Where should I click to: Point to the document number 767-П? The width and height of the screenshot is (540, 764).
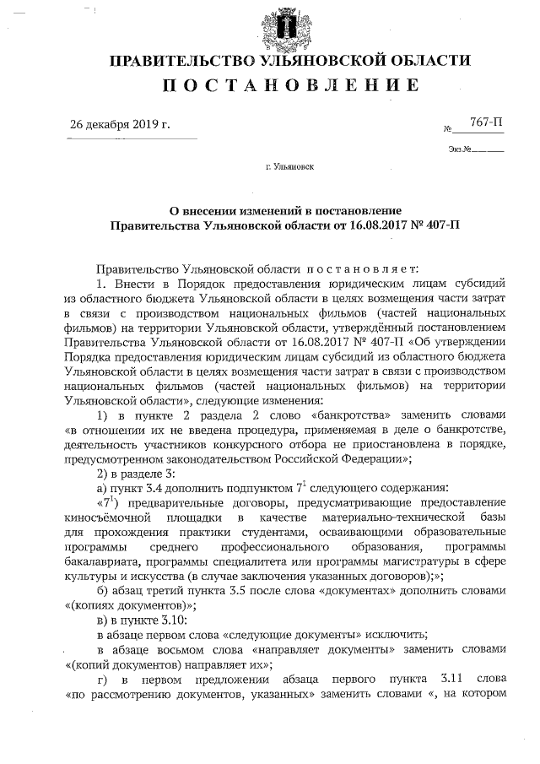click(486, 123)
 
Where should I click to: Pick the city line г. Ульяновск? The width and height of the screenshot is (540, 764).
click(289, 167)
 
